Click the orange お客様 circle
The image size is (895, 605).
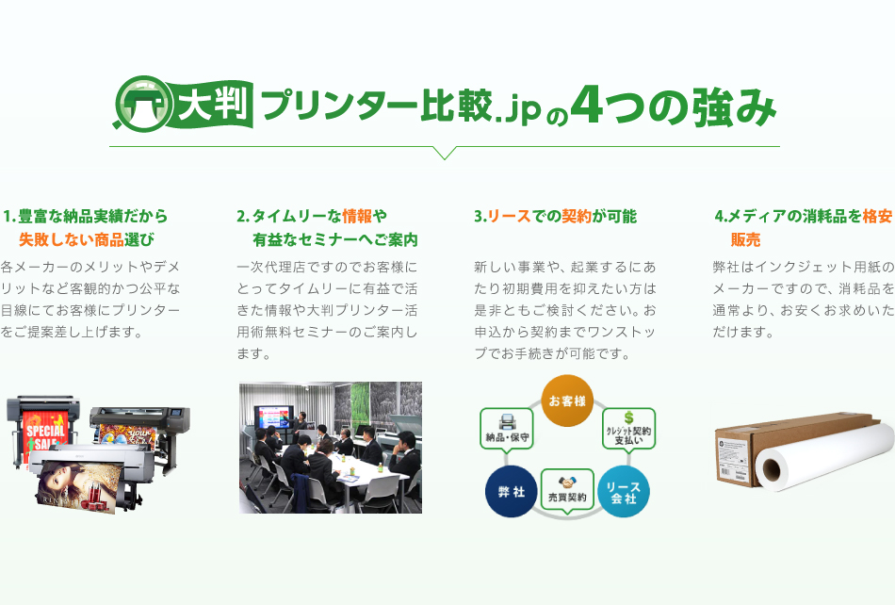pos(567,401)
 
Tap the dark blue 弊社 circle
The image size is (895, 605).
pos(511,491)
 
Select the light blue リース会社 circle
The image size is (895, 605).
pos(624,491)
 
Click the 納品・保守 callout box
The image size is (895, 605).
pos(507,428)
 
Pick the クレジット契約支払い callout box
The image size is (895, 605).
pos(628,429)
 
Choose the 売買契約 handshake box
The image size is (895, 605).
pos(567,490)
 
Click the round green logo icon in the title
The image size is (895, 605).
pos(142,104)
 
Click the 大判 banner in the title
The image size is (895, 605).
pos(212,104)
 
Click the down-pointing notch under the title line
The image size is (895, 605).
pos(445,153)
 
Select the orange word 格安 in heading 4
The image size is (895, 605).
pos(877,217)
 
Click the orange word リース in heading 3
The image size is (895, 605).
pos(509,217)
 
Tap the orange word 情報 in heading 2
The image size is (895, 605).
pos(357,217)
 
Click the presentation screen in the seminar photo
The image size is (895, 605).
pos(274,417)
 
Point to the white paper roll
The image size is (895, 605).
pos(824,457)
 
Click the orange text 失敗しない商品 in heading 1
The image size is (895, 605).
pos(72,239)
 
